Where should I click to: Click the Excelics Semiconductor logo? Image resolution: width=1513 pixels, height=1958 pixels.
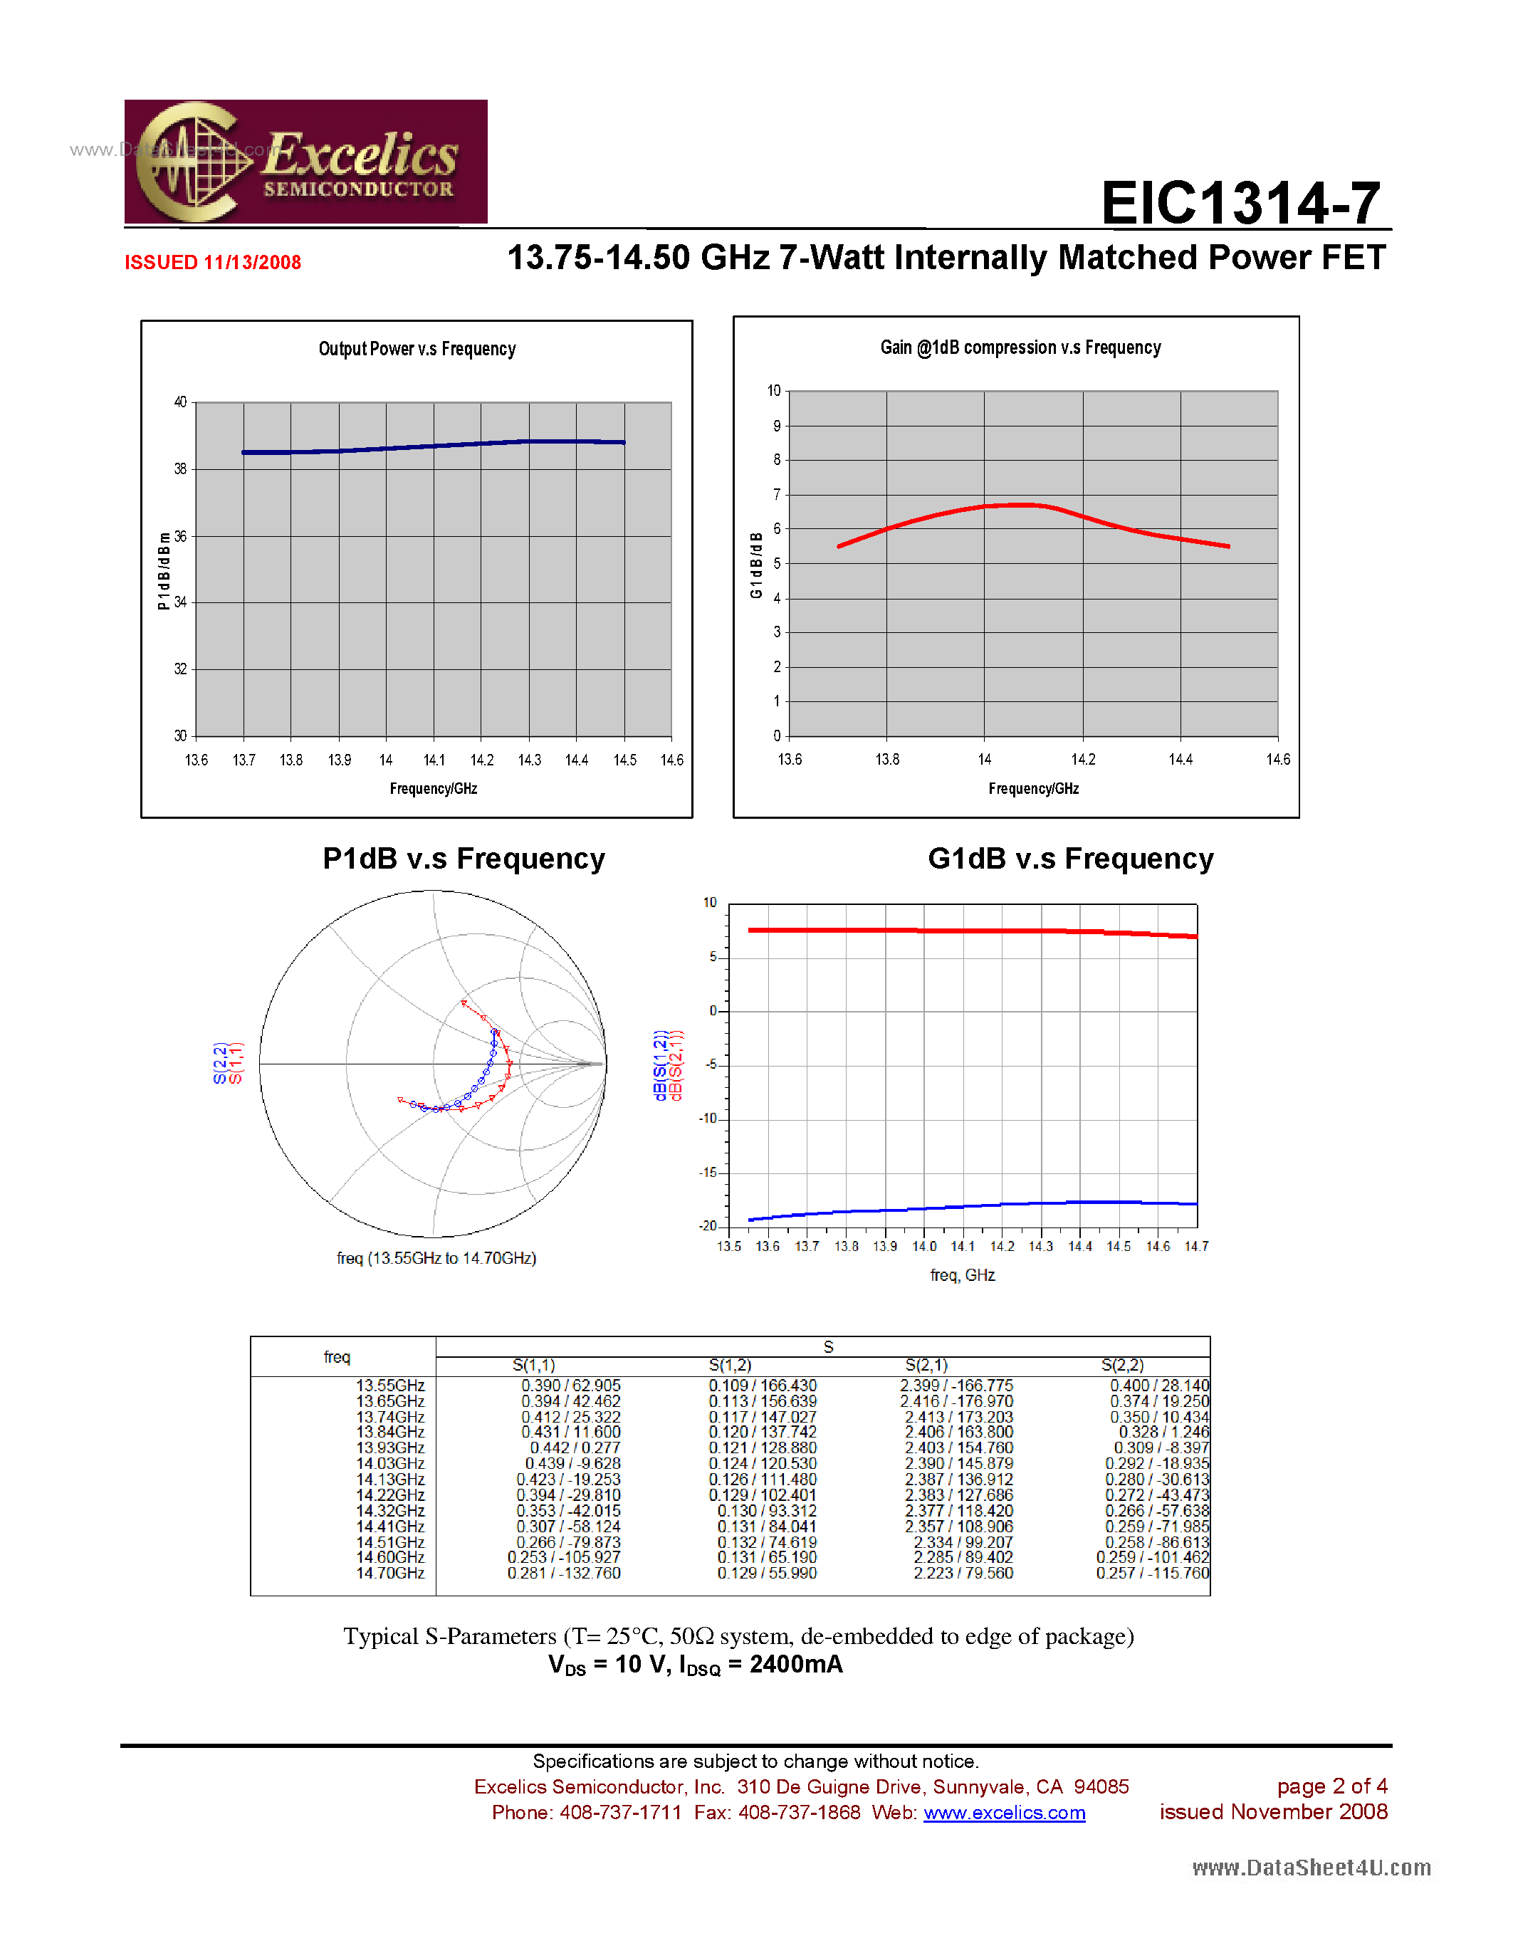[305, 162]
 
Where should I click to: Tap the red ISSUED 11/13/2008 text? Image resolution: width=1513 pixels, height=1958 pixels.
[212, 263]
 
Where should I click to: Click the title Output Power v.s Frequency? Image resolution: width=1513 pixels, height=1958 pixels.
[417, 349]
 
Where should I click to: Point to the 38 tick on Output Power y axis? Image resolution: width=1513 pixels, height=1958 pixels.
[180, 469]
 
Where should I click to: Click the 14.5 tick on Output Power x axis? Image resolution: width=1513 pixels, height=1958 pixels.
[624, 760]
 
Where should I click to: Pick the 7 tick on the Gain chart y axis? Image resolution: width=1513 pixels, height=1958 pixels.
[777, 495]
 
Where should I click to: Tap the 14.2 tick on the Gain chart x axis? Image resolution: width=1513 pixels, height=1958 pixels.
[1083, 760]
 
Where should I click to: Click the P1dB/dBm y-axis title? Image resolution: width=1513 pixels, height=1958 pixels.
[163, 570]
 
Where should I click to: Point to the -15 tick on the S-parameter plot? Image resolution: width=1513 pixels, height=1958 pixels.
[709, 1173]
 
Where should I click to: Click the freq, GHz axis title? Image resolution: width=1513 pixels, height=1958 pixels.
[962, 1275]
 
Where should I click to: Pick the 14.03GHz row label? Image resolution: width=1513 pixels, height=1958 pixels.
[390, 1463]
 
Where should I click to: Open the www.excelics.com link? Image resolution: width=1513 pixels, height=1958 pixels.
[1004, 1813]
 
